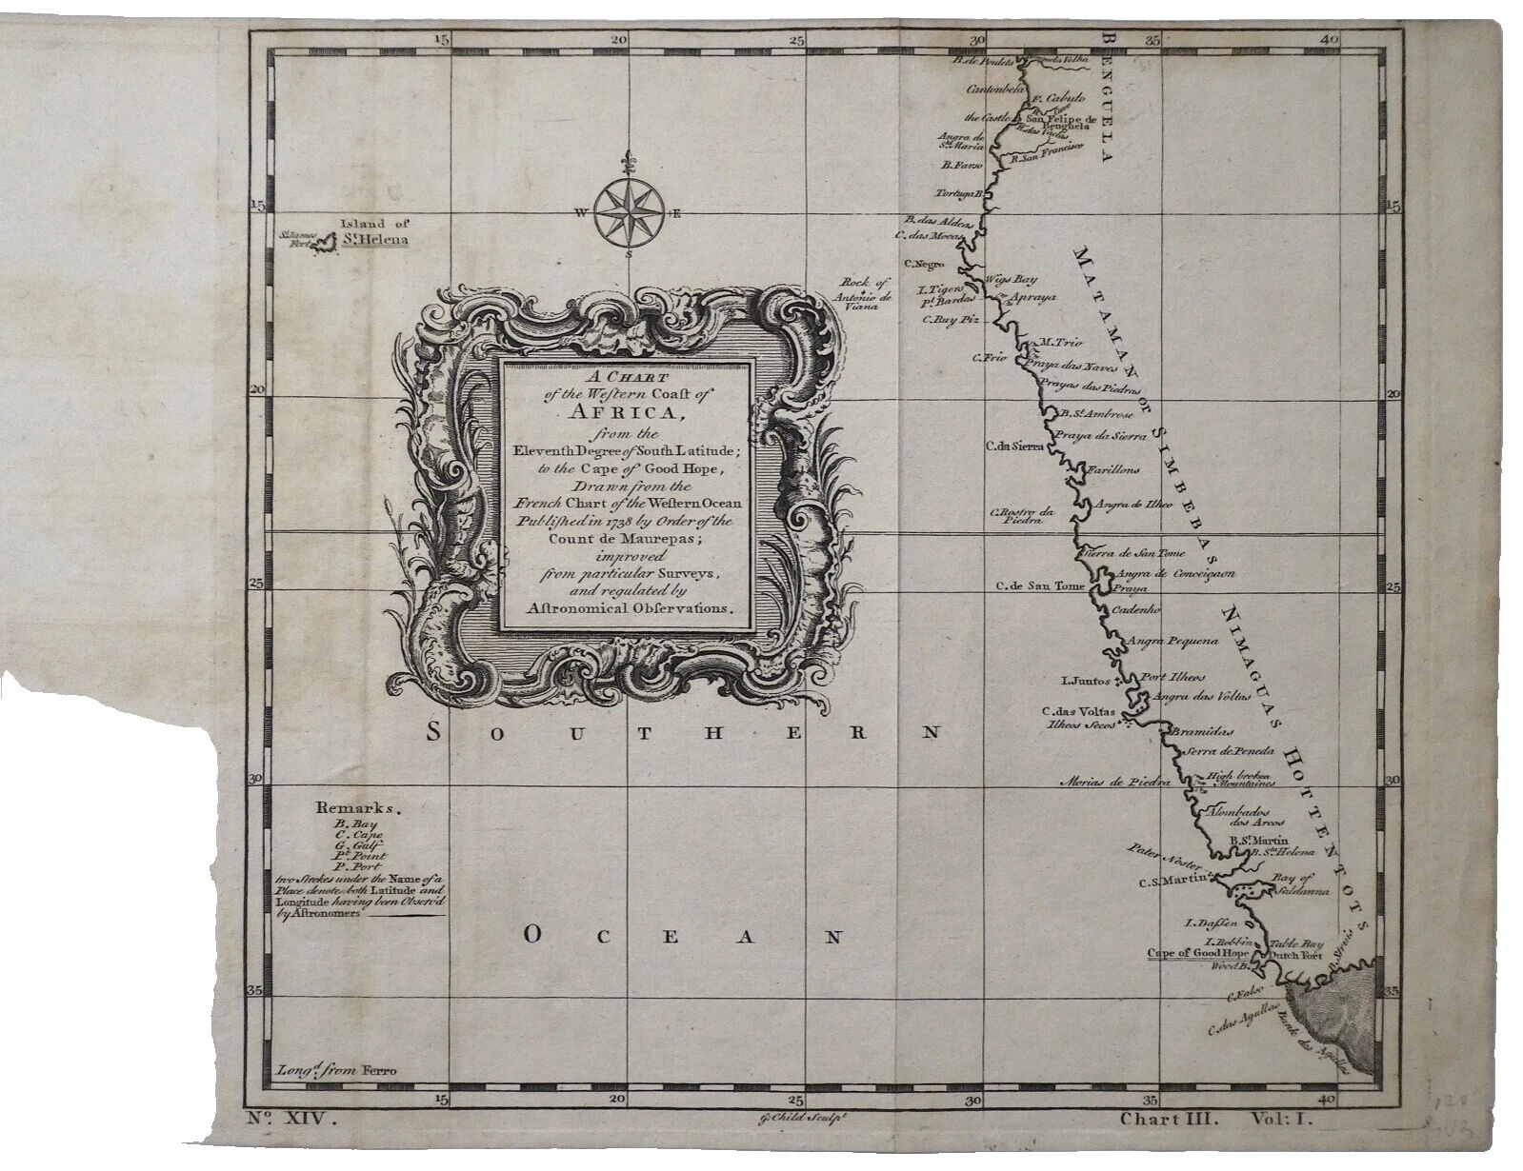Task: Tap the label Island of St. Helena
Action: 373,232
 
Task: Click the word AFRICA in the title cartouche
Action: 627,412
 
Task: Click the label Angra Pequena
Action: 1173,642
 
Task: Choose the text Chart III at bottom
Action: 1169,1121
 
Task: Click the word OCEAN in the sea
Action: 682,937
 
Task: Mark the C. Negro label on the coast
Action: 924,264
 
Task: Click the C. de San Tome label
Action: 1039,586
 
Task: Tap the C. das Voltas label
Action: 1077,710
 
